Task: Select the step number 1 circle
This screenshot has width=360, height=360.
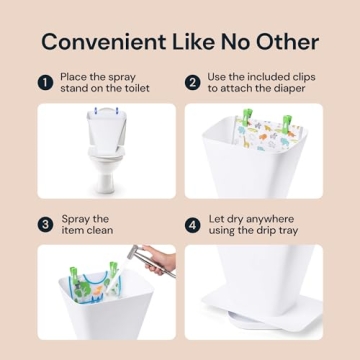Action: click(45, 85)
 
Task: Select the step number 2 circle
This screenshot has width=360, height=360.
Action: click(192, 85)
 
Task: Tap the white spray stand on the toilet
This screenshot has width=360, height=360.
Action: click(98, 126)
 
